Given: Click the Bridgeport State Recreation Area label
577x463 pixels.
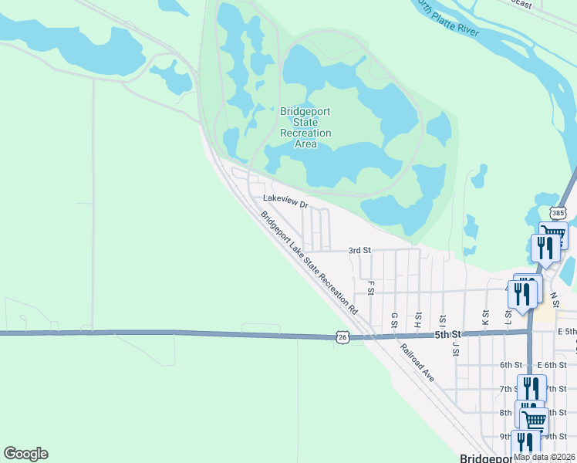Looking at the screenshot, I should point(305,127).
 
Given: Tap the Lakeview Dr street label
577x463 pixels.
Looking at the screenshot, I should point(285,202).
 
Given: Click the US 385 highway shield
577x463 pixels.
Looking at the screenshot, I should point(558,212).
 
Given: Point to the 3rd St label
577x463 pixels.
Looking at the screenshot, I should point(359,251).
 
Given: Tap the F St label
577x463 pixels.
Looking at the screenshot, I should point(371,287).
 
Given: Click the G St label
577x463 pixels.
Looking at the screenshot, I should point(393,319).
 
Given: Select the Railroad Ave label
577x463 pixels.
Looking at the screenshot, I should point(417,360).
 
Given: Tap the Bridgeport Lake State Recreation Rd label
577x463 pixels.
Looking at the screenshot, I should point(309,262).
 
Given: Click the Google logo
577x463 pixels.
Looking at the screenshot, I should point(25,454).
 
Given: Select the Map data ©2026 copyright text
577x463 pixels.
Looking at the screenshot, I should point(545,457).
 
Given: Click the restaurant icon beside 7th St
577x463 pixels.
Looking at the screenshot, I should point(531,387).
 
